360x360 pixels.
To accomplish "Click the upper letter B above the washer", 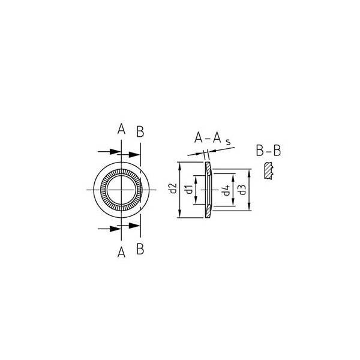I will click(x=140, y=132).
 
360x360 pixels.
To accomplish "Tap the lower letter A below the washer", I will click(x=121, y=253).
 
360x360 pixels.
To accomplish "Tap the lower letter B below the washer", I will click(x=140, y=249).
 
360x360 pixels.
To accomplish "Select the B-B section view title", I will click(x=268, y=151).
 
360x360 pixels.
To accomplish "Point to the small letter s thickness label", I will click(x=229, y=143).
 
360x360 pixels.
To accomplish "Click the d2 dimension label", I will click(x=172, y=190).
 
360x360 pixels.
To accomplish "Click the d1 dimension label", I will click(x=188, y=190).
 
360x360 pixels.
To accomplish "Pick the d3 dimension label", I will click(x=241, y=190).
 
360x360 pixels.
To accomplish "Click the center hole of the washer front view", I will click(x=121, y=190).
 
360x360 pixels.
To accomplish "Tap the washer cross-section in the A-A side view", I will click(x=208, y=190).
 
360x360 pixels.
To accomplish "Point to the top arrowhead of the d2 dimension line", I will click(x=179, y=165).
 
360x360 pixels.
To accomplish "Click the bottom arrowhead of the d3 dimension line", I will click(x=249, y=210).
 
